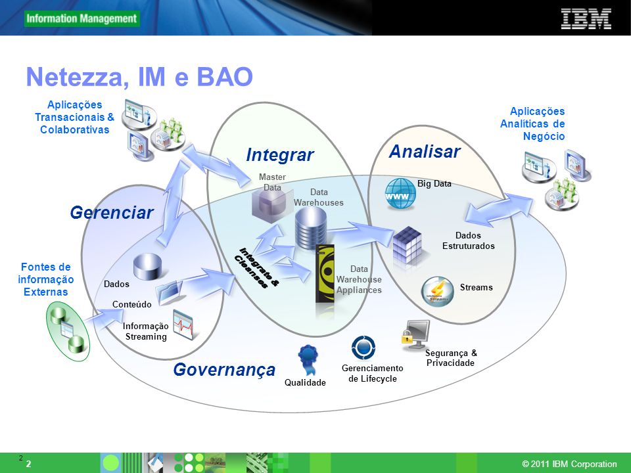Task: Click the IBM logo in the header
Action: tap(586, 19)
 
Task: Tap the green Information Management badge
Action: tap(82, 18)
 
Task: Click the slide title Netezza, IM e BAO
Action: tap(139, 76)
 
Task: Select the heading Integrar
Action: tap(280, 154)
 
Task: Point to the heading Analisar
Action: tap(425, 152)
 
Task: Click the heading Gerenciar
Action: tap(112, 212)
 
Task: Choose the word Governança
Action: tap(224, 370)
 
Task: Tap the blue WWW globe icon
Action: tap(400, 194)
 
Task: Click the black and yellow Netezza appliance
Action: tap(325, 279)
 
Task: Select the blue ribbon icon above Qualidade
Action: tap(308, 359)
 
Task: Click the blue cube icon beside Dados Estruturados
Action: tap(408, 245)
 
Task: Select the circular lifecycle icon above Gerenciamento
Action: tap(363, 348)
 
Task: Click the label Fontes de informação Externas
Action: tap(46, 279)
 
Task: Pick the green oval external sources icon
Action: tap(68, 330)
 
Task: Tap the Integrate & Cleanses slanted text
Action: tap(256, 267)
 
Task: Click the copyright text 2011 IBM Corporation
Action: tap(569, 464)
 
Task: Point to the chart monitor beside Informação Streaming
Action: tap(183, 324)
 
